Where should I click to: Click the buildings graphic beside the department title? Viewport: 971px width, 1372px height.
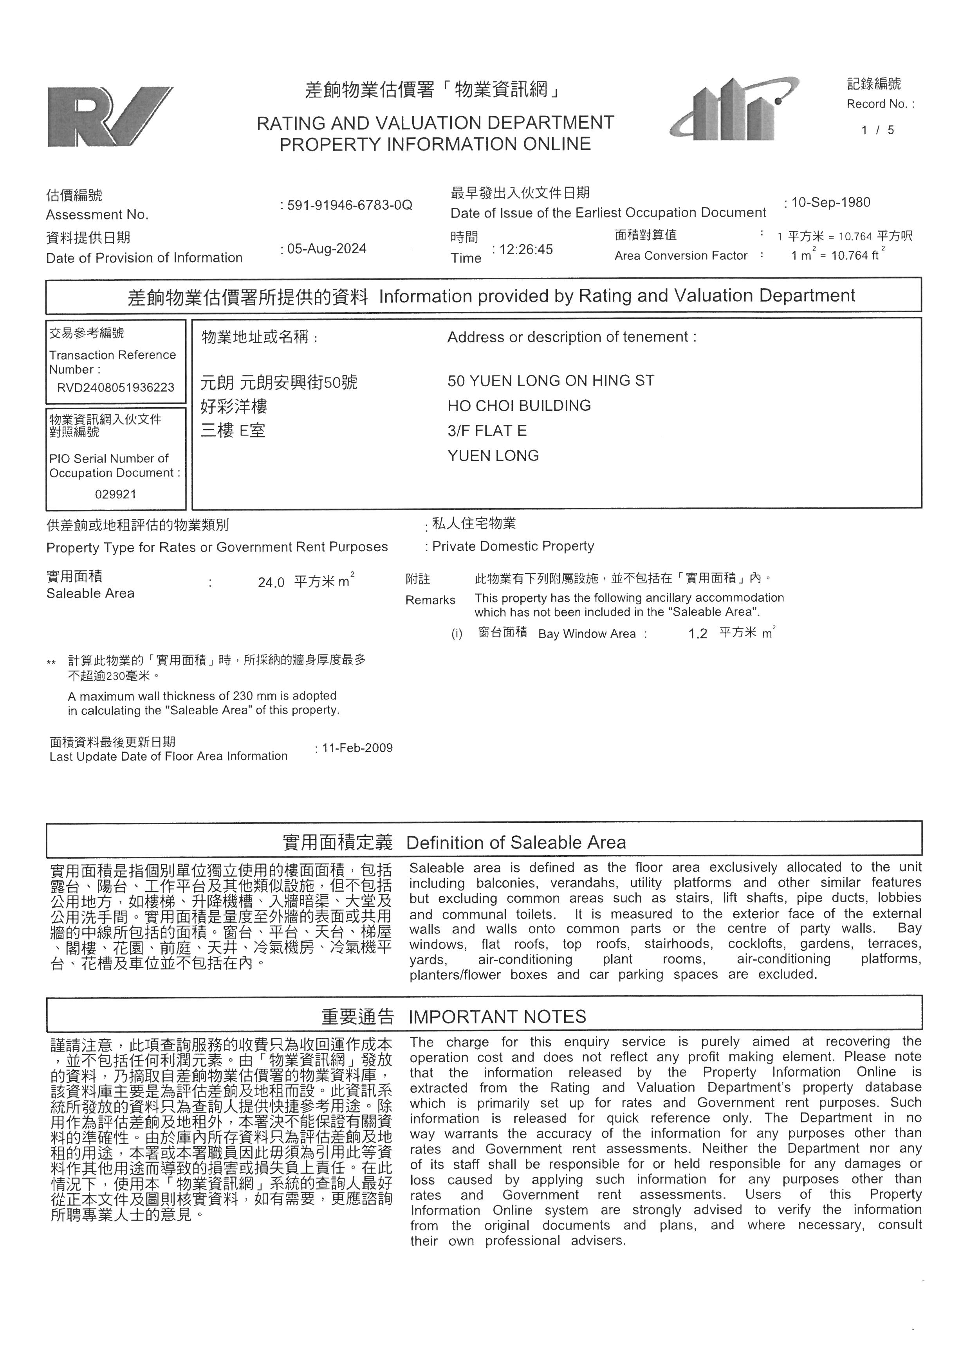point(734,110)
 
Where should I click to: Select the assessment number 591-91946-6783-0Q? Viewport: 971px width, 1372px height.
point(349,205)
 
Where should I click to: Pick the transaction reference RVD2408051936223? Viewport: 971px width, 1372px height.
point(116,388)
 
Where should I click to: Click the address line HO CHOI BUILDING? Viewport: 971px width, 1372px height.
point(519,406)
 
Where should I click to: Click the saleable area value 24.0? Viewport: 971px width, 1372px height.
point(271,583)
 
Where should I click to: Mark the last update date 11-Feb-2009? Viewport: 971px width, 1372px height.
point(357,748)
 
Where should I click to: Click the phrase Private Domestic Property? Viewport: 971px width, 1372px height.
point(513,546)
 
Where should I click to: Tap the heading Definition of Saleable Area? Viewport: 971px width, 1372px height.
point(516,843)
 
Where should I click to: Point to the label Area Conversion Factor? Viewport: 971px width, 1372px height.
point(680,256)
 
